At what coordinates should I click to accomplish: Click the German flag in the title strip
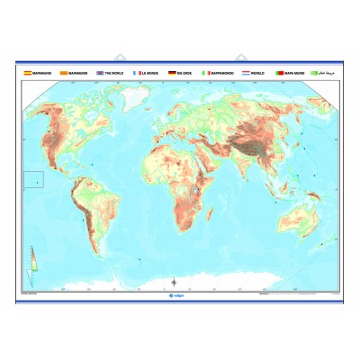coord(173,72)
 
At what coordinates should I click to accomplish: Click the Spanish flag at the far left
coord(27,72)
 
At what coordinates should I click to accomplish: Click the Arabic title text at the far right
coord(324,72)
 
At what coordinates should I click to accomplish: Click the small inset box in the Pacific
coord(33,180)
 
